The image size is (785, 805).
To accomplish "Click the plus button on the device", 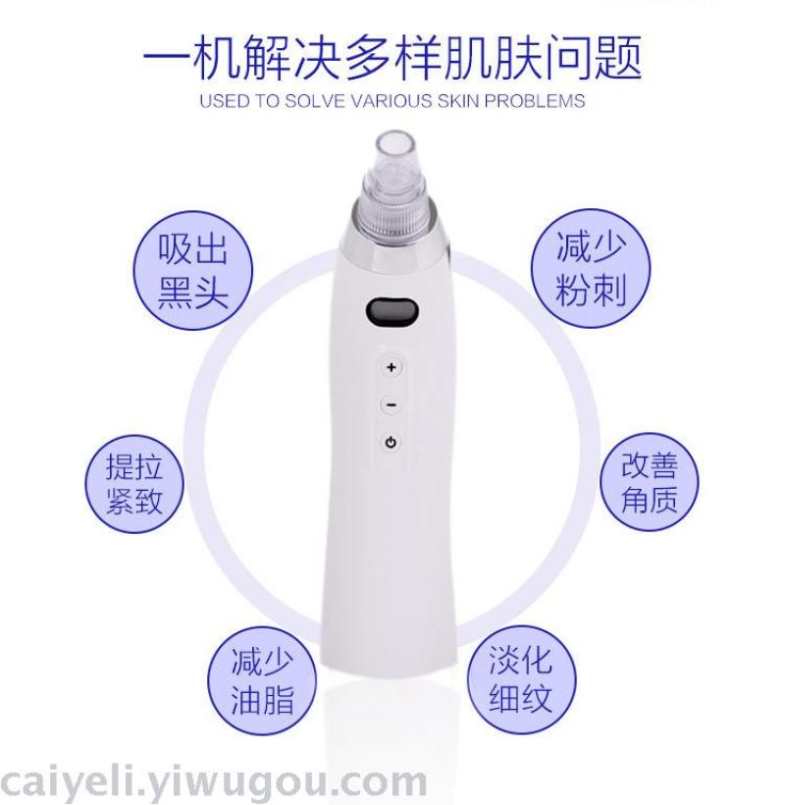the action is (x=392, y=367).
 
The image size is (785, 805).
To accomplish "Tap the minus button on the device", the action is (x=392, y=405).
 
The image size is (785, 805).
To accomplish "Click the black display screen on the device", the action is (x=392, y=312).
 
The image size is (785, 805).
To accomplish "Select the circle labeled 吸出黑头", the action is (x=193, y=271).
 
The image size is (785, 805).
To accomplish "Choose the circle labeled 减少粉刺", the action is (x=591, y=268).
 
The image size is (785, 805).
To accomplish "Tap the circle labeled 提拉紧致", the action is (x=134, y=484).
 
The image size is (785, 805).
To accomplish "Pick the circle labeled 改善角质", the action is (x=650, y=482).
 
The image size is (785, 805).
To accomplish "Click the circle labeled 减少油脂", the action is (x=262, y=680).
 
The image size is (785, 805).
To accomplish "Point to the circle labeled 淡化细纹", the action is (x=521, y=678).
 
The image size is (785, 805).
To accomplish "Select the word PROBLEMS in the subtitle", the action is (x=535, y=100).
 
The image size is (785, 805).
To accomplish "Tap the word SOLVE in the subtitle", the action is (x=315, y=100).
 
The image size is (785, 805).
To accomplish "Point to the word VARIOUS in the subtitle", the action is (x=392, y=100).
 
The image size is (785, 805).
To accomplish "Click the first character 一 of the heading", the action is (x=165, y=58).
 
